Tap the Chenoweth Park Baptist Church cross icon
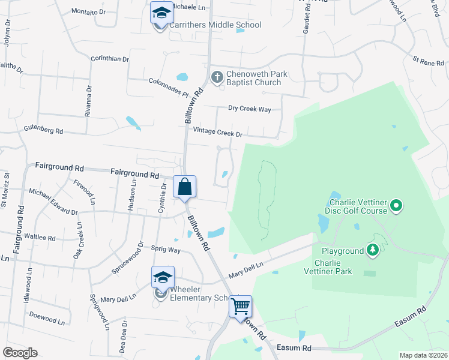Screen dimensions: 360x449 (217, 76)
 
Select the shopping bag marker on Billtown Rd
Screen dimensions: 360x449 (185, 186)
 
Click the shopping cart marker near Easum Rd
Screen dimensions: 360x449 (240, 307)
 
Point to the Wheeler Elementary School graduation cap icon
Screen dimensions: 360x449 (163, 277)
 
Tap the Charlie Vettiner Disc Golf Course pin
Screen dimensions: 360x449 (396, 206)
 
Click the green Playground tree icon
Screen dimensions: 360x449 (373, 250)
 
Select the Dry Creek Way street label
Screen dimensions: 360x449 (250, 109)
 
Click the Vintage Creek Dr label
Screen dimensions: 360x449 (217, 133)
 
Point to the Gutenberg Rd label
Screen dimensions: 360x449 (43, 129)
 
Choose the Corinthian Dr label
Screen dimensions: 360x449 (110, 59)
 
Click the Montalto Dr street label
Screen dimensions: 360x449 (88, 11)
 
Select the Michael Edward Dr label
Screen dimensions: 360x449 (53, 202)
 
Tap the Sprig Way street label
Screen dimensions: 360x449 (165, 249)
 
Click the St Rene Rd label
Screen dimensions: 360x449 (427, 61)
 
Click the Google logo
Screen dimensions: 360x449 (20, 353)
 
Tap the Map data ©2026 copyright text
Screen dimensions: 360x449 (423, 355)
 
